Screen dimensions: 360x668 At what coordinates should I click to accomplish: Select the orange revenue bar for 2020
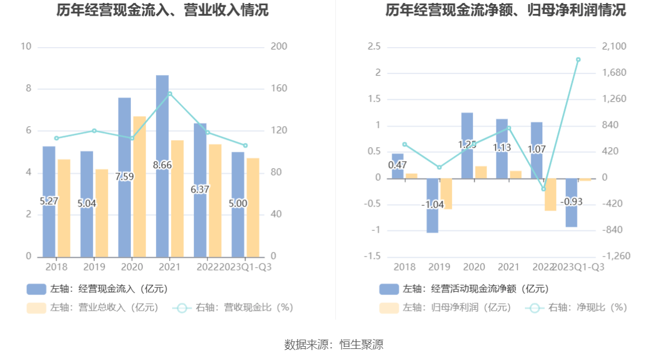point(140,186)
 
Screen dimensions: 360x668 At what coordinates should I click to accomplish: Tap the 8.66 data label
point(162,165)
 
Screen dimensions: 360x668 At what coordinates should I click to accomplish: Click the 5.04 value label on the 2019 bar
point(87,204)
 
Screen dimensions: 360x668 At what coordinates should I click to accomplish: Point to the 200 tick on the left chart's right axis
point(279,47)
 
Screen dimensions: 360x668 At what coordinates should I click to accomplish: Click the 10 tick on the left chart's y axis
point(26,47)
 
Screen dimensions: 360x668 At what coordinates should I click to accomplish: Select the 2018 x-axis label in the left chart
point(56,267)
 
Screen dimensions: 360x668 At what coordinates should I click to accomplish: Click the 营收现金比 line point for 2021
point(170,93)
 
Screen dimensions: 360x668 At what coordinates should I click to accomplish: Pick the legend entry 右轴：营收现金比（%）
point(233,308)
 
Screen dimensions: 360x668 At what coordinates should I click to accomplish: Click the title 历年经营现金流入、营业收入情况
point(163,10)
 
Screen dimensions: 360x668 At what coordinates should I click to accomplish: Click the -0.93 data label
point(571,202)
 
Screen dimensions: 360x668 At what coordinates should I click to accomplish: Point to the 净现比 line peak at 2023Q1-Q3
point(578,59)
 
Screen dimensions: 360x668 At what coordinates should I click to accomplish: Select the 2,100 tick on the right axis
point(613,47)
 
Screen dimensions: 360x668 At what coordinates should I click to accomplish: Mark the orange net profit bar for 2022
point(550,194)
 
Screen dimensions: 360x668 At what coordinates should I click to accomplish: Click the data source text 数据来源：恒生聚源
point(334,344)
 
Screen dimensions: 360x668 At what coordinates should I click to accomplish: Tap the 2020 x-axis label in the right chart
point(474,267)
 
